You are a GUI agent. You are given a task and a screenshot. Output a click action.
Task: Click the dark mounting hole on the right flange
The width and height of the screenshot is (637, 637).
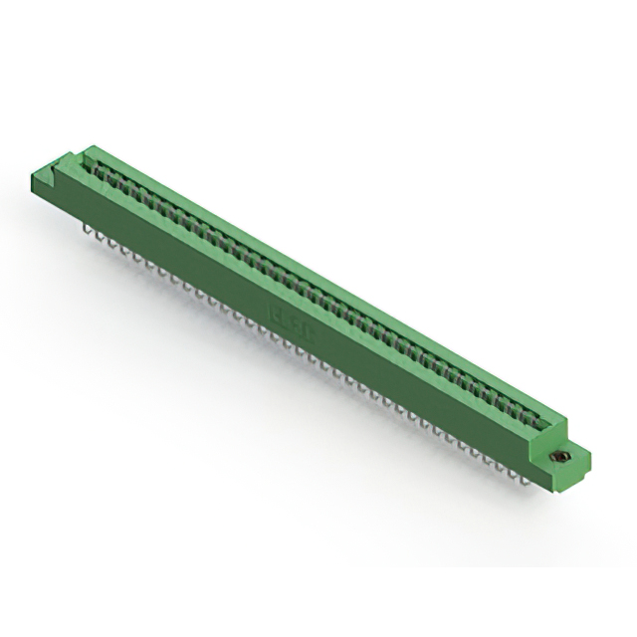click(560, 456)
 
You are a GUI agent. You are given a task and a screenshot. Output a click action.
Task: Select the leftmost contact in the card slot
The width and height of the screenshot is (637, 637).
click(99, 170)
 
